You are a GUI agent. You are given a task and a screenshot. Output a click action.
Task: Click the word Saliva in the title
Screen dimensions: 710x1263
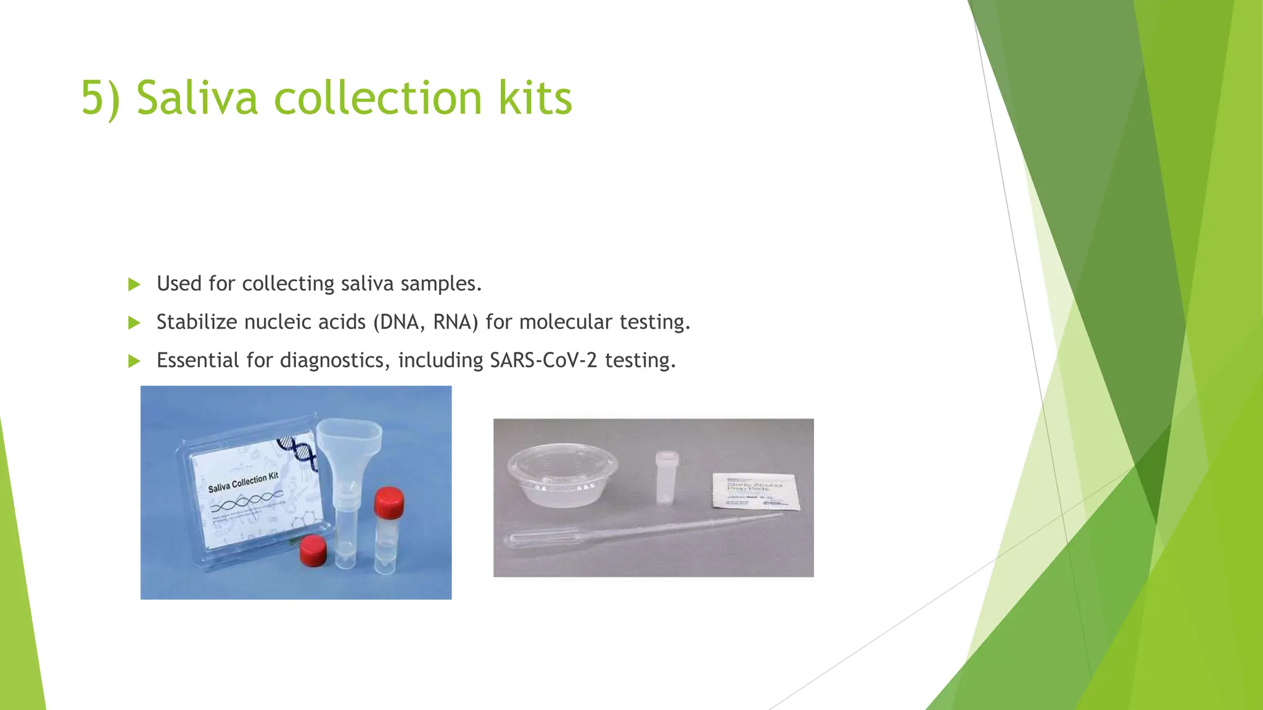coord(197,98)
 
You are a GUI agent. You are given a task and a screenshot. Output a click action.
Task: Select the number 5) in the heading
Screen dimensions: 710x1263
coord(101,98)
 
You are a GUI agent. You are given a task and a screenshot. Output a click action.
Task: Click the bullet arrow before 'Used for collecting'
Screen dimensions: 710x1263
coord(134,284)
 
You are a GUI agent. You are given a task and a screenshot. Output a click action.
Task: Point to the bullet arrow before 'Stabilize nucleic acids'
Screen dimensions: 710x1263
coord(134,322)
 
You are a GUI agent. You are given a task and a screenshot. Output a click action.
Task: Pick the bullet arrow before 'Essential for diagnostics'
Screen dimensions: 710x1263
coord(134,361)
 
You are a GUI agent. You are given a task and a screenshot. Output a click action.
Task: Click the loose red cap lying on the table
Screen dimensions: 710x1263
coord(313,550)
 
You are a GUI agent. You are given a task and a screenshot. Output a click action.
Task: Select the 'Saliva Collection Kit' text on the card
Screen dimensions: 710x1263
coord(243,482)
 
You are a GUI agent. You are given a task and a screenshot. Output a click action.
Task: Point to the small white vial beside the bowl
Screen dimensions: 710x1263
coord(667,478)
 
